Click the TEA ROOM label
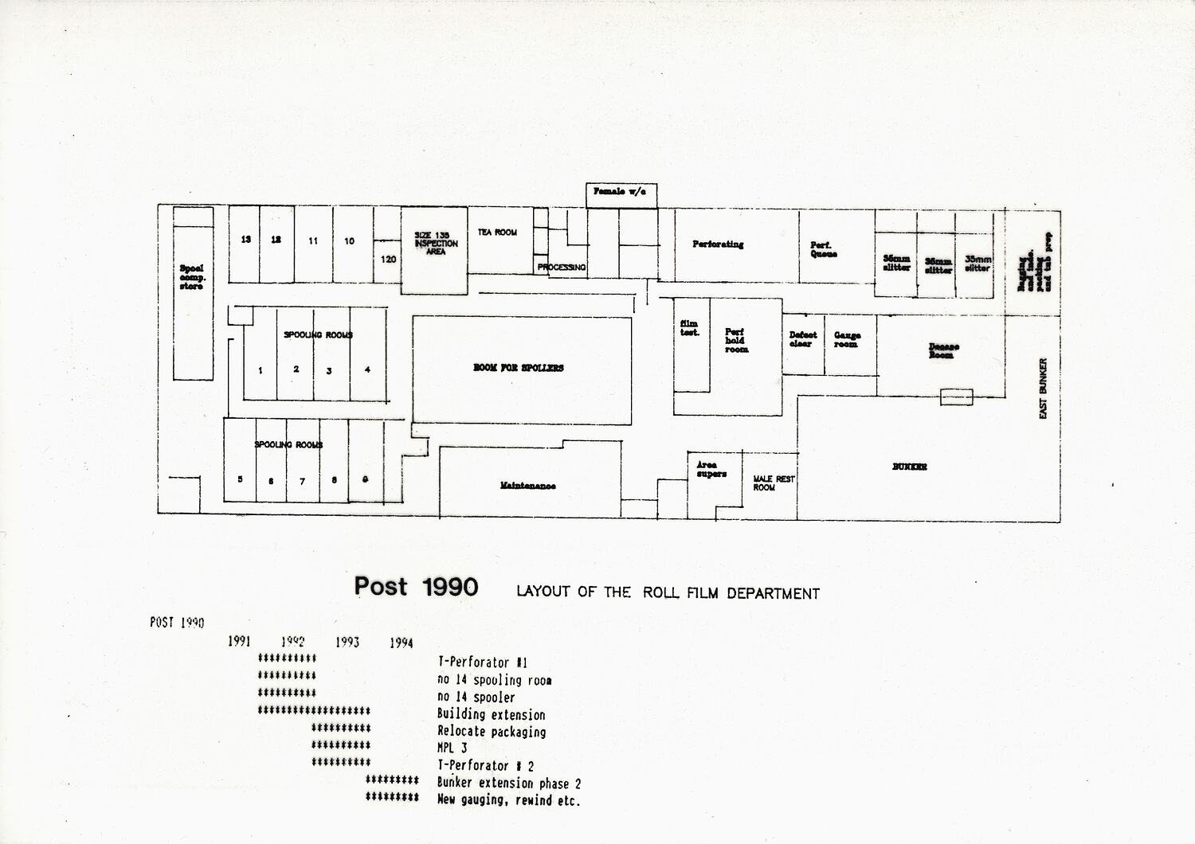[497, 232]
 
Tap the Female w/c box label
[620, 192]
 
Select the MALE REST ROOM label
[774, 483]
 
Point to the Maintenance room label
[527, 486]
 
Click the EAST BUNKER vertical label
[1044, 388]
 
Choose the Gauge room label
[847, 340]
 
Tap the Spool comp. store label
[192, 277]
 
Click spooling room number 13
[246, 240]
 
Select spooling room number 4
[367, 369]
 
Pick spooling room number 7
[302, 481]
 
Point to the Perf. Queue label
[823, 250]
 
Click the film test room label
[689, 328]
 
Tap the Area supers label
[711, 469]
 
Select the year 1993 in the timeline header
[347, 642]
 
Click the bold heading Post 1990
[416, 587]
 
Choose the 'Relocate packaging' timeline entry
[492, 731]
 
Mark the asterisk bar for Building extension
[314, 710]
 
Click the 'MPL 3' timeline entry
[453, 748]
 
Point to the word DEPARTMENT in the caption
[773, 593]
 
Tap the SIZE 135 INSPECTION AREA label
[436, 244]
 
